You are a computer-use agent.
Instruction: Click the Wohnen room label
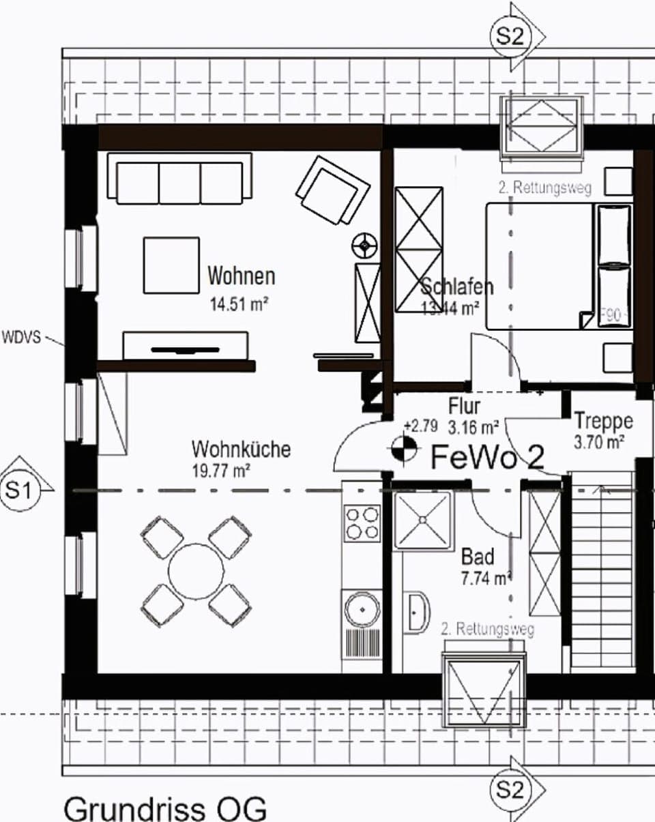tap(242, 276)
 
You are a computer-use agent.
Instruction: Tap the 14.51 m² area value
tap(239, 303)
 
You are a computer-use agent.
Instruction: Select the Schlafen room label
tap(456, 287)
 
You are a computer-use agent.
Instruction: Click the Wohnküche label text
tap(241, 450)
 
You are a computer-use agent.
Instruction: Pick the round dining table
tap(196, 571)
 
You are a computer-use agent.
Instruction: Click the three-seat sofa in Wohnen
tap(179, 179)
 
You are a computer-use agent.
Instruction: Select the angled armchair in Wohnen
tap(332, 190)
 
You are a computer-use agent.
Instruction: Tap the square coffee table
tap(171, 265)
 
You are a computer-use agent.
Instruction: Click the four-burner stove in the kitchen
tap(362, 523)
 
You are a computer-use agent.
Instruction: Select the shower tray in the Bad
tap(422, 520)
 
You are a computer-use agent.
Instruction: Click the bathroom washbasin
tap(416, 612)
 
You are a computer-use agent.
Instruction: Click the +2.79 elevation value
tap(420, 426)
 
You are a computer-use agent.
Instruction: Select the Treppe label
tap(603, 420)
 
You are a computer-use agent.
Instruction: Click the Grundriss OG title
tap(164, 808)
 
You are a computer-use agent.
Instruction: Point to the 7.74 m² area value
tap(486, 578)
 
